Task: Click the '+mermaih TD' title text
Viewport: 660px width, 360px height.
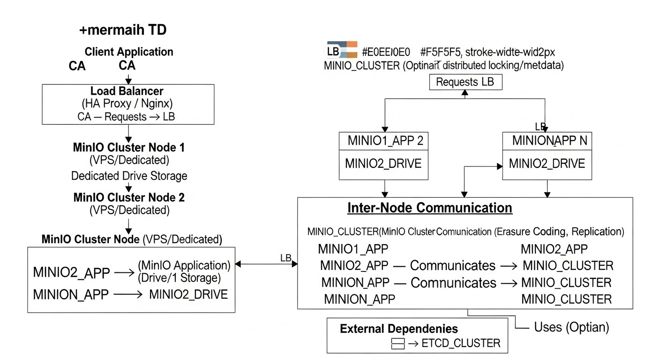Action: pyautogui.click(x=123, y=30)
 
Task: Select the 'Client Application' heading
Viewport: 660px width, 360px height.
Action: pyautogui.click(x=129, y=52)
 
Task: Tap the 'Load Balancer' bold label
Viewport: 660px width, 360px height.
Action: pyautogui.click(x=127, y=91)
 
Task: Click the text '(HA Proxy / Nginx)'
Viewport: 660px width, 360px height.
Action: pyautogui.click(x=127, y=104)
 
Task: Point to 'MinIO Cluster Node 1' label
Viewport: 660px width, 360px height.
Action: pyautogui.click(x=129, y=148)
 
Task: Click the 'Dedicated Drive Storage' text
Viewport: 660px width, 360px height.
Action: pyautogui.click(x=129, y=176)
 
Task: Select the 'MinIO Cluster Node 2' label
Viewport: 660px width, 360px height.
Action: pyautogui.click(x=129, y=197)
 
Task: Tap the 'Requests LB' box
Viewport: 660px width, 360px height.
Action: pyautogui.click(x=465, y=82)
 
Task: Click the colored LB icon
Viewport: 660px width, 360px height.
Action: pyautogui.click(x=342, y=50)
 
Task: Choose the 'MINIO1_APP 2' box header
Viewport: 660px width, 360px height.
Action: pyautogui.click(x=385, y=141)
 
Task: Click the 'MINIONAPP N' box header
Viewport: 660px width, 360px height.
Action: pyautogui.click(x=547, y=141)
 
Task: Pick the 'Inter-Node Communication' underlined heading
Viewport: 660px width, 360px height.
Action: pyautogui.click(x=429, y=208)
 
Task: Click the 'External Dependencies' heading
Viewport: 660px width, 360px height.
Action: pyautogui.click(x=399, y=329)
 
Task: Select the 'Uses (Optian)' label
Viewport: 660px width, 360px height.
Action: pyautogui.click(x=571, y=327)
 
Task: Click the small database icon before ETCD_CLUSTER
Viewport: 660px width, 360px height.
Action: pyautogui.click(x=397, y=344)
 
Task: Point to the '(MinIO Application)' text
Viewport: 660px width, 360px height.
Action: pyautogui.click(x=184, y=266)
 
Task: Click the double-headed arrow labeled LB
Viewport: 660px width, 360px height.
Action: pyautogui.click(x=266, y=264)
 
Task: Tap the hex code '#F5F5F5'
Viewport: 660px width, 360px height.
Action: pyautogui.click(x=441, y=52)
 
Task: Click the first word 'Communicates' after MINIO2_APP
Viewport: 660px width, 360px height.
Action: pyautogui.click(x=452, y=266)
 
